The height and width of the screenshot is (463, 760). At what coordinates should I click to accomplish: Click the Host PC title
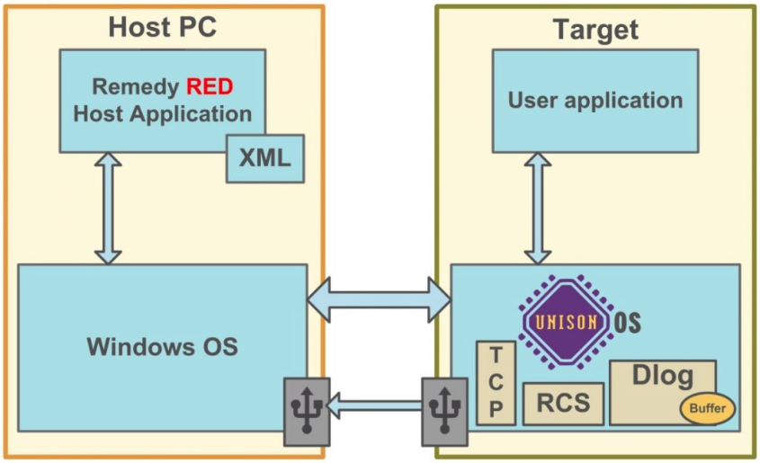pyautogui.click(x=162, y=26)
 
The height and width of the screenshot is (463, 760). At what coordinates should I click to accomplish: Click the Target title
pyautogui.click(x=595, y=29)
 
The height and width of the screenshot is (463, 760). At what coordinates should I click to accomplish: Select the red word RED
pyautogui.click(x=210, y=88)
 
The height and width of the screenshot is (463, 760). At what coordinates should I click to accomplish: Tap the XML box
pyautogui.click(x=264, y=158)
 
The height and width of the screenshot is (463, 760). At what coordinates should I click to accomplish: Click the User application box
pyautogui.click(x=595, y=100)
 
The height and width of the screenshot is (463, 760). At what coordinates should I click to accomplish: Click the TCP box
pyautogui.click(x=496, y=383)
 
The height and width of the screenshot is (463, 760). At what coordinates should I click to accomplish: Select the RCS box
pyautogui.click(x=563, y=403)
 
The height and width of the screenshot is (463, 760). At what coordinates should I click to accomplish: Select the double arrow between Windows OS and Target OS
pyautogui.click(x=379, y=298)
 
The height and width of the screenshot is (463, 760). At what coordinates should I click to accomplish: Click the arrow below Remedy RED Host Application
pyautogui.click(x=108, y=208)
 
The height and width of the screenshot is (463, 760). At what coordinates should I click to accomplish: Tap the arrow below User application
pyautogui.click(x=538, y=208)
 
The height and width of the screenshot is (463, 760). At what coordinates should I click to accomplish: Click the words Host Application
pyautogui.click(x=162, y=114)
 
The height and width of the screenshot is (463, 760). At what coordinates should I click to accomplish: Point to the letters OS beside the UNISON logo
pyautogui.click(x=627, y=322)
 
